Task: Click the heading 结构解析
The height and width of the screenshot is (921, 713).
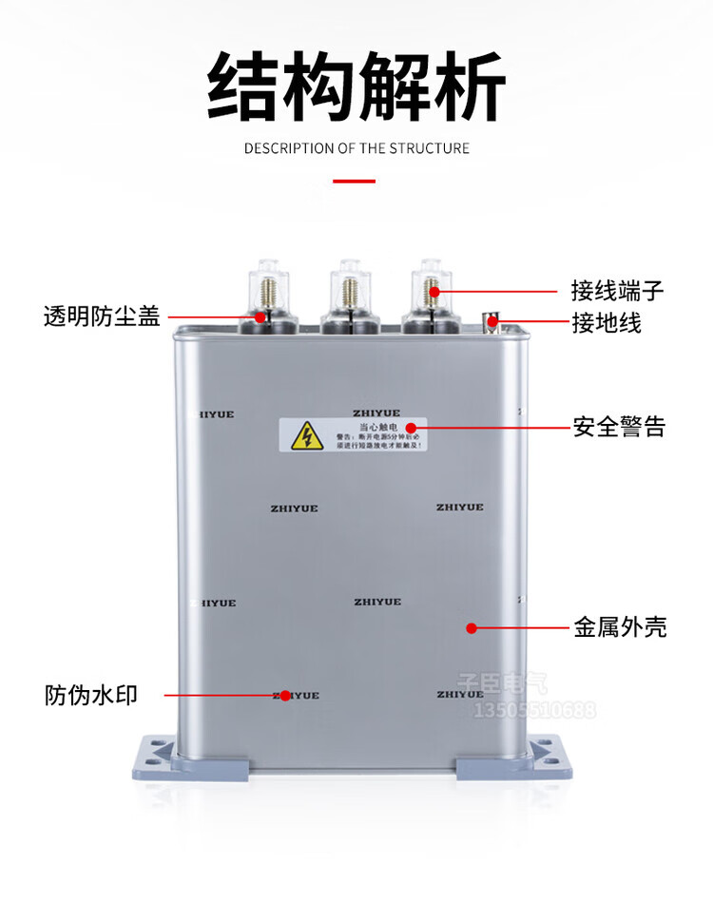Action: (356, 87)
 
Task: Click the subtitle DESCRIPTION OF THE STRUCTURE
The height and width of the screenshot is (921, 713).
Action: (356, 148)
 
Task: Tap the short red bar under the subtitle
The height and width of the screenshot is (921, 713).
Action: (354, 180)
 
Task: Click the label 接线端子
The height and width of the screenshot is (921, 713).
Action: (617, 290)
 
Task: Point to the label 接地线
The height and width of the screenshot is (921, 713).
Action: (606, 323)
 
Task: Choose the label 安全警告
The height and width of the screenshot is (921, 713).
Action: (619, 427)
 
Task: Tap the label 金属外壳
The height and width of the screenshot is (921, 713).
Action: (620, 627)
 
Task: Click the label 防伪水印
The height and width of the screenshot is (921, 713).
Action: (91, 695)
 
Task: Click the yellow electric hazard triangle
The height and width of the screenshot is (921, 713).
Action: (306, 435)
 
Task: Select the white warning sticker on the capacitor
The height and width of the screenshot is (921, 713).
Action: (353, 434)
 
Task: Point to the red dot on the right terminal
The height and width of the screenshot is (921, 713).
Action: (434, 291)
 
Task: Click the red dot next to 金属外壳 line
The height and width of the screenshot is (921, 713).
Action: (471, 627)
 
